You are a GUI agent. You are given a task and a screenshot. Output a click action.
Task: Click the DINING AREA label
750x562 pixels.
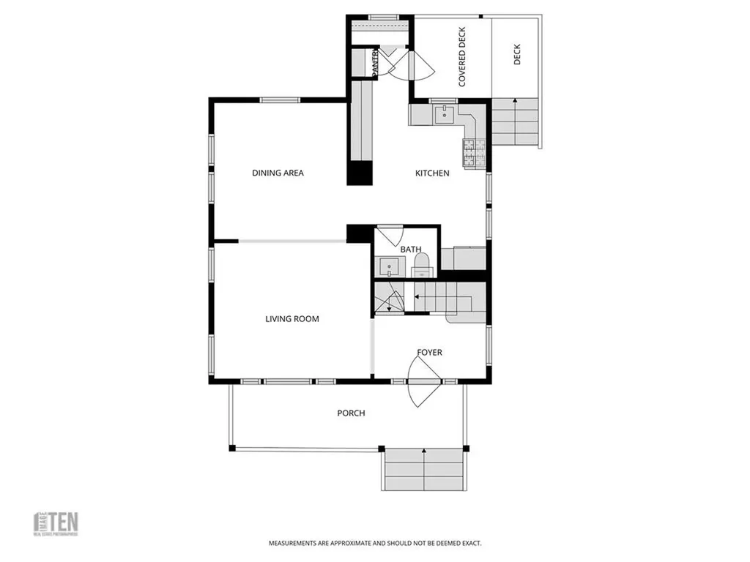pos(278,173)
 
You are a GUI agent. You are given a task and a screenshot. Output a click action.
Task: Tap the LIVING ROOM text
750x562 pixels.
pos(292,318)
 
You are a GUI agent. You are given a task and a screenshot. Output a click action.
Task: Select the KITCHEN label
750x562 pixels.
pos(432,173)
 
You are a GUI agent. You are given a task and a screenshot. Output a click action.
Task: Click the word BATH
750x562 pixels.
pos(410,250)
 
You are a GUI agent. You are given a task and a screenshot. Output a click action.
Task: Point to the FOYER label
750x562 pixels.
pos(429,353)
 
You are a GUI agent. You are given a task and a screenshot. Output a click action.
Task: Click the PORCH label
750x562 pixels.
pos(351,413)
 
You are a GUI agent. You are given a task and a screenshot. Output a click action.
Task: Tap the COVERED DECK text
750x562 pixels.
pos(462,58)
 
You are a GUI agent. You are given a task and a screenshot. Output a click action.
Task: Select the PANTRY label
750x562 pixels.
pos(375,62)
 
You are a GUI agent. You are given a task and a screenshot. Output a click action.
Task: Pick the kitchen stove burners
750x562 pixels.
pos(469,151)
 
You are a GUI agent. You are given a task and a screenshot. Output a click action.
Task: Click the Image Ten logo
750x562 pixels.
pos(57,523)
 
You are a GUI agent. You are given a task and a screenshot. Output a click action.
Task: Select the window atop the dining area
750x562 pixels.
pos(281,100)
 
